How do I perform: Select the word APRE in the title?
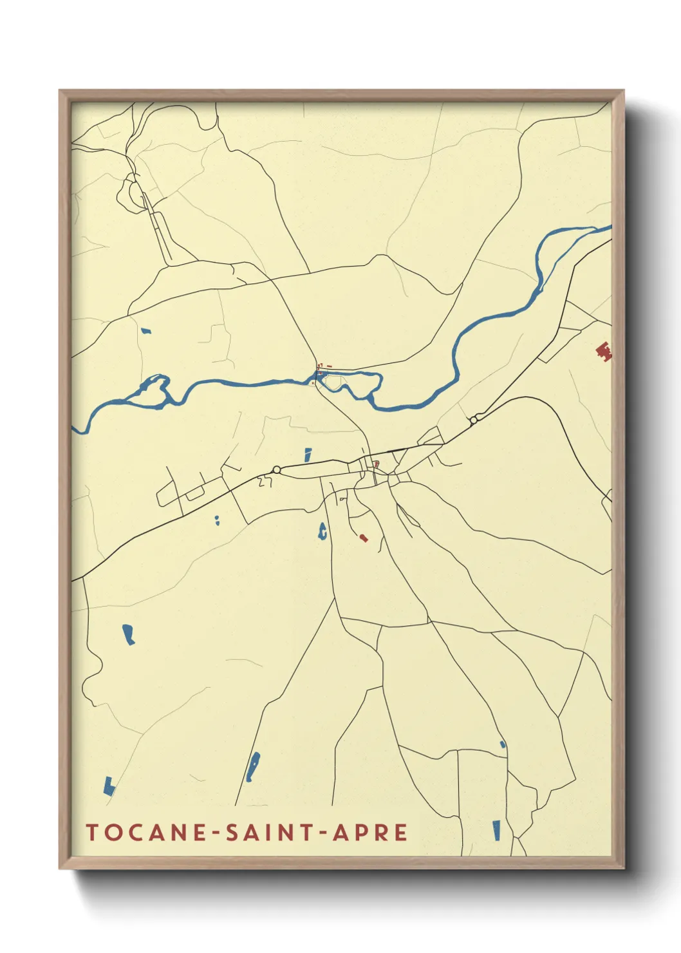(x=370, y=832)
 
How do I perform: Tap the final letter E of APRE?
(x=400, y=832)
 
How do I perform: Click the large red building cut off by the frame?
(x=604, y=350)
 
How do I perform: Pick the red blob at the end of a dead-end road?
(x=364, y=537)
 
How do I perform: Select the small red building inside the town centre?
(x=377, y=464)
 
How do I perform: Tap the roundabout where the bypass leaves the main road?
(x=473, y=420)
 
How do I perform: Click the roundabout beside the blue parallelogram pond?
(x=277, y=469)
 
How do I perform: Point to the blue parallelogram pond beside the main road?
(x=308, y=455)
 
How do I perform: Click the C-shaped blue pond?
(x=322, y=531)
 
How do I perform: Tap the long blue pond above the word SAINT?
(x=254, y=766)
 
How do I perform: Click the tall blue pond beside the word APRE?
(x=496, y=830)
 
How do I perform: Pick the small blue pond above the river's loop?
(x=146, y=331)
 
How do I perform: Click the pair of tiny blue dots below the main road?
(x=218, y=520)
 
